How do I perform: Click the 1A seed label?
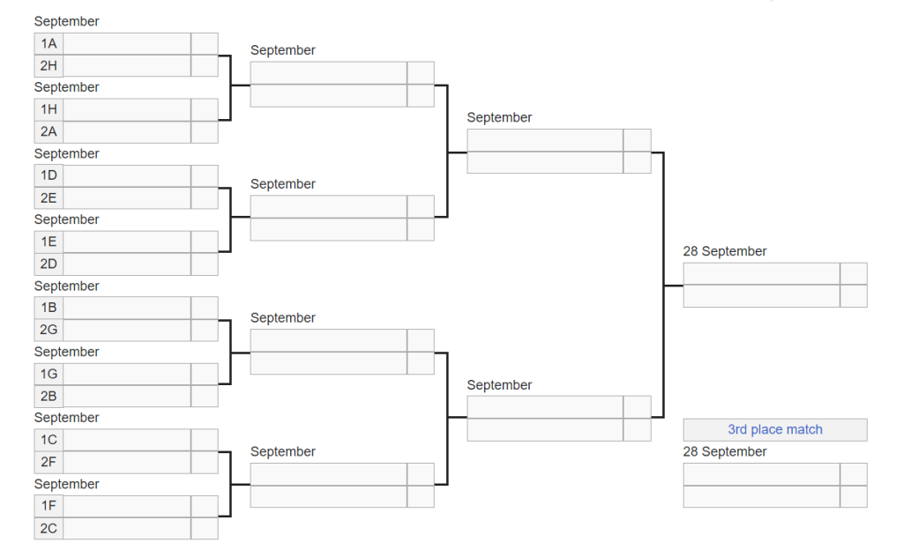pyautogui.click(x=49, y=44)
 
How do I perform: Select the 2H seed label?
pyautogui.click(x=49, y=65)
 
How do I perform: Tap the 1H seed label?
pyautogui.click(x=49, y=109)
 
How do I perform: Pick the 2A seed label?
pyautogui.click(x=49, y=131)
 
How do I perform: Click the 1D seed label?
pyautogui.click(x=49, y=175)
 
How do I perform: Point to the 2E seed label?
pyautogui.click(x=49, y=198)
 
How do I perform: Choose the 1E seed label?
pyautogui.click(x=49, y=242)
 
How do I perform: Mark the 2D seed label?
pyautogui.click(x=49, y=264)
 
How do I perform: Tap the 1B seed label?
pyautogui.click(x=49, y=308)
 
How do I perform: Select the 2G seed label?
pyautogui.click(x=49, y=330)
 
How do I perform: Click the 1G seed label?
pyautogui.click(x=49, y=374)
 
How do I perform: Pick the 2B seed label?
pyautogui.click(x=49, y=396)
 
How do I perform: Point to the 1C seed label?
pyautogui.click(x=49, y=440)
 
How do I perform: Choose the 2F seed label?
pyautogui.click(x=49, y=462)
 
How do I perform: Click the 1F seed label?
pyautogui.click(x=49, y=506)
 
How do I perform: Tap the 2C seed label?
pyautogui.click(x=49, y=528)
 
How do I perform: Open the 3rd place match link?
pyautogui.click(x=775, y=430)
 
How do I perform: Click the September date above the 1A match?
pyautogui.click(x=67, y=22)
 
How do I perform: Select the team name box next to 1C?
pyautogui.click(x=127, y=440)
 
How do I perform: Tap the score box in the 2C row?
pyautogui.click(x=205, y=528)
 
